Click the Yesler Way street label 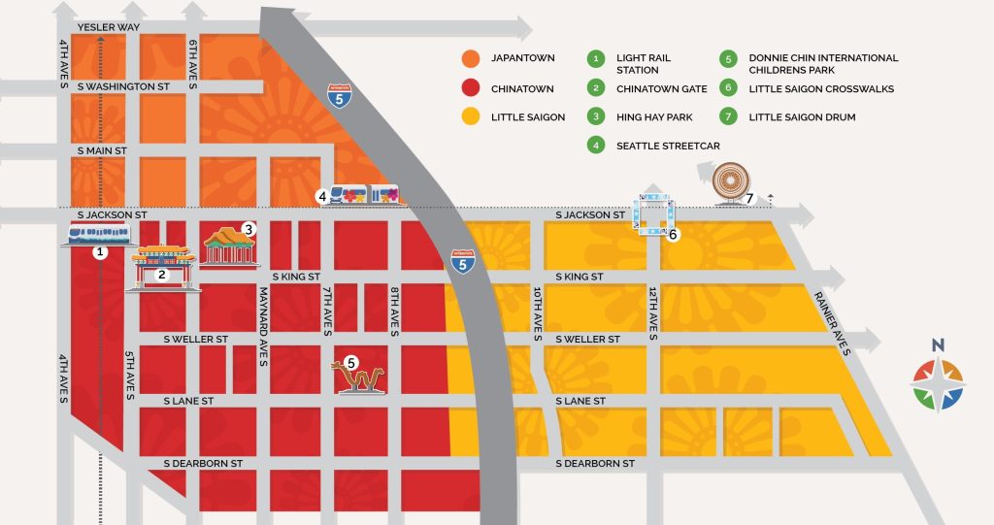click(x=109, y=27)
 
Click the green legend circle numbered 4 click(x=594, y=147)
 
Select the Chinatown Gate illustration click(x=163, y=266)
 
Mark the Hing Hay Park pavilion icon click(x=229, y=246)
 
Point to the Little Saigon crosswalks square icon click(x=653, y=214)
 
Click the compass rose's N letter click(x=938, y=345)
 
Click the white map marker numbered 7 click(x=749, y=199)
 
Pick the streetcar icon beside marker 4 click(x=366, y=195)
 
